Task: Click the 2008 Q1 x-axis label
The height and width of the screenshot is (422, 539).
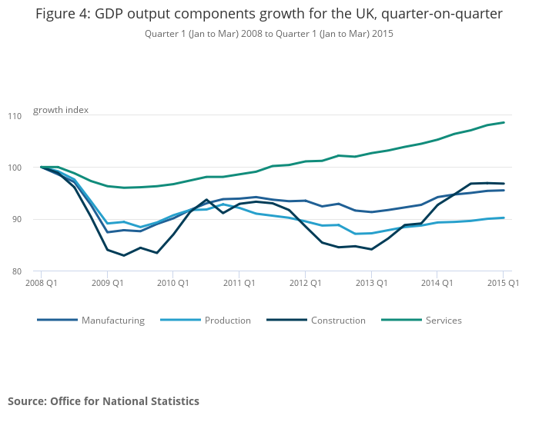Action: tap(42, 283)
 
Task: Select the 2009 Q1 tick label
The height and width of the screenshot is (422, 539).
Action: tap(108, 283)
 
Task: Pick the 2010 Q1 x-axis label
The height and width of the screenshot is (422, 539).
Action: tap(173, 283)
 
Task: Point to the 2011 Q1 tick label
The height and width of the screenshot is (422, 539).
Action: tap(239, 283)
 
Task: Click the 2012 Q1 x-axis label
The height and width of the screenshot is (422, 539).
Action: tap(305, 283)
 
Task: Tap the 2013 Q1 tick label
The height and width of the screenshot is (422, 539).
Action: tap(371, 283)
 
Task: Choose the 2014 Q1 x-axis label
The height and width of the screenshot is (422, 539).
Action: tap(437, 283)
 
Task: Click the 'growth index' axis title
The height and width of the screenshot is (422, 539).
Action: tap(61, 110)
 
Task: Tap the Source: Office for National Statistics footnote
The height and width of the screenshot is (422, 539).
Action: tap(103, 401)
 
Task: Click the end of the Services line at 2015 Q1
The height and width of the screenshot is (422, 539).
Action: tap(504, 122)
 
